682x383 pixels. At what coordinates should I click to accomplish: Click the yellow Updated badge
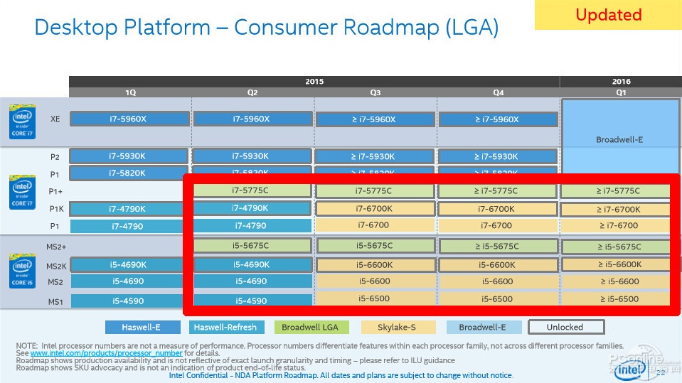(x=607, y=15)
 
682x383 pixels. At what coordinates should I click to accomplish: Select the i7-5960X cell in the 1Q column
(x=129, y=119)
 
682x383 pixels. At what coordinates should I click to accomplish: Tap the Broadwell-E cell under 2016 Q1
(x=619, y=139)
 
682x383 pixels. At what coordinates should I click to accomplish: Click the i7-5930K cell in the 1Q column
(x=129, y=156)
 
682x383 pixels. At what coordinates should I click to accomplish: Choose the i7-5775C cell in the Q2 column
(x=252, y=190)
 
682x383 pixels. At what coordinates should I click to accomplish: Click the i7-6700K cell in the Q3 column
(x=375, y=209)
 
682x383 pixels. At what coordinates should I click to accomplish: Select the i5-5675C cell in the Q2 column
(x=252, y=246)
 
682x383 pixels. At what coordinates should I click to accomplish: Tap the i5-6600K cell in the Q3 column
(x=375, y=264)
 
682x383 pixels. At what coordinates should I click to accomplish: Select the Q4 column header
(x=498, y=92)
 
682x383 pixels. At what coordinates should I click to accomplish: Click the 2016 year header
(x=621, y=82)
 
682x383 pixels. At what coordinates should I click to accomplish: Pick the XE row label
(x=55, y=119)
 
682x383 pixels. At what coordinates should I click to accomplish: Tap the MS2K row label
(x=56, y=266)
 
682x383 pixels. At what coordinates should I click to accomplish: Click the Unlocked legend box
(x=565, y=328)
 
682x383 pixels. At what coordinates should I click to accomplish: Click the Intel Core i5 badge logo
(x=21, y=271)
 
